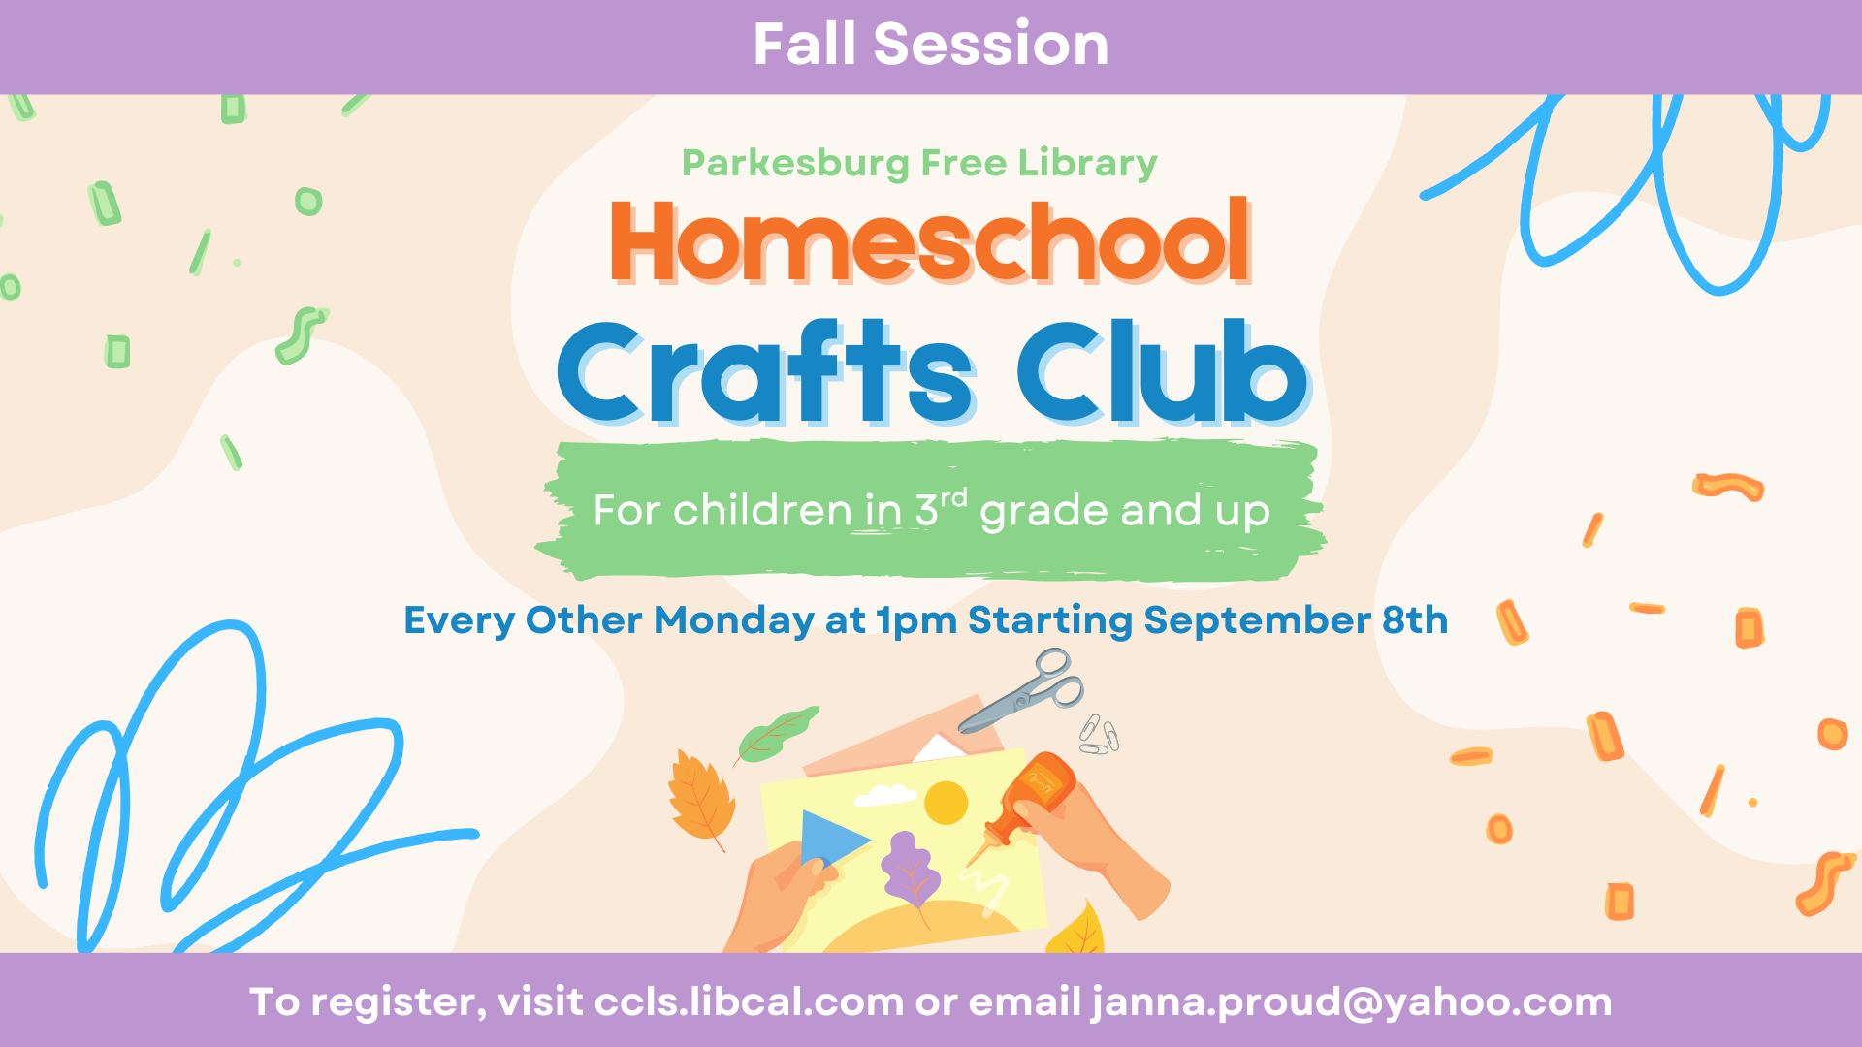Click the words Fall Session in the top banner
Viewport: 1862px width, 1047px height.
pyautogui.click(x=930, y=45)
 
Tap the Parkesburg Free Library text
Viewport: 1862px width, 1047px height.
pyautogui.click(x=919, y=163)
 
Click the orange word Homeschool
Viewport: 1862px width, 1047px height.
pyautogui.click(x=930, y=242)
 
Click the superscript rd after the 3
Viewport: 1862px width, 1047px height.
pyautogui.click(x=954, y=498)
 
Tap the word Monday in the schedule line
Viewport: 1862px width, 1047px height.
pyautogui.click(x=734, y=620)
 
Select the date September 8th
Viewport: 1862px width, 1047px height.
pyautogui.click(x=1296, y=620)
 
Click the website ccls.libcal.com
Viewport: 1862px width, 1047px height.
pyautogui.click(x=749, y=1002)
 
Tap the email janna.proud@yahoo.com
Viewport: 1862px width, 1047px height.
pyautogui.click(x=1352, y=1002)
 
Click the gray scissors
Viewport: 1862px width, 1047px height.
pyautogui.click(x=1024, y=692)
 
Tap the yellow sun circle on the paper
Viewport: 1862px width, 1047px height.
pyautogui.click(x=946, y=803)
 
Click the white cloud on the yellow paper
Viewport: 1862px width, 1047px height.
pyautogui.click(x=885, y=795)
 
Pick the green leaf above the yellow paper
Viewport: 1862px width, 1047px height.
pyautogui.click(x=776, y=734)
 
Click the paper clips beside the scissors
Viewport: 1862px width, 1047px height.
pyautogui.click(x=1099, y=734)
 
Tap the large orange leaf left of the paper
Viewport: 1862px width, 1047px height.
pyautogui.click(x=701, y=800)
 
